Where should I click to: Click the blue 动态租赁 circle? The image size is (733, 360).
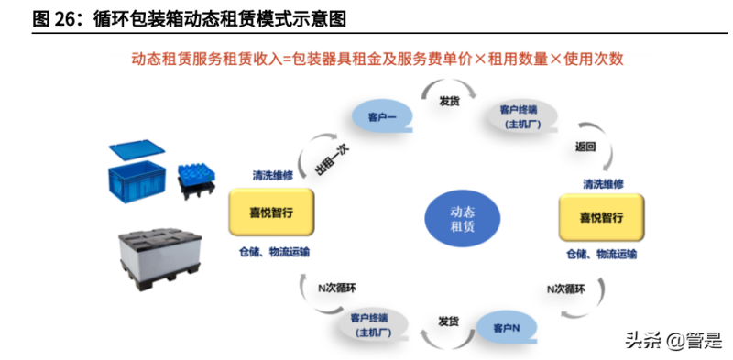463,217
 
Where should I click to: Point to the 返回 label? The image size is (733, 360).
585,147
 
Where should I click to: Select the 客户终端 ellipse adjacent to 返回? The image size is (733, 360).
520,116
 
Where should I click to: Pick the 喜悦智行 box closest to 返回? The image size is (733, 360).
602,218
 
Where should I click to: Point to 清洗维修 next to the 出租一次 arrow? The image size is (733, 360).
273,175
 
